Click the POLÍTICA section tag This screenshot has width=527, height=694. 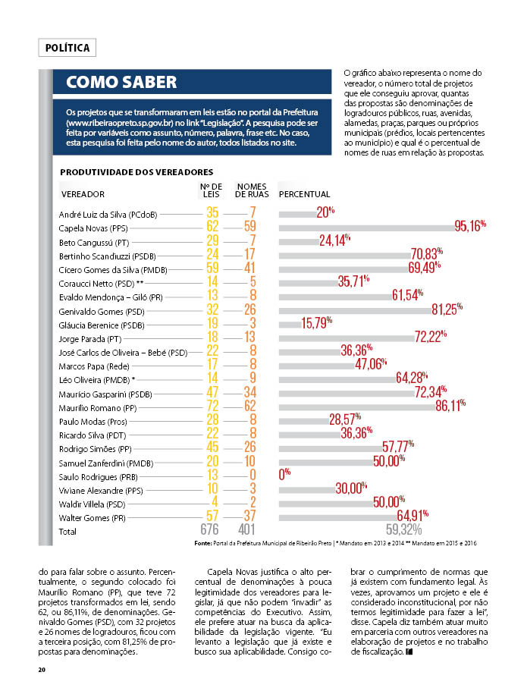point(67,48)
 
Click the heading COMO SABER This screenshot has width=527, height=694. point(121,82)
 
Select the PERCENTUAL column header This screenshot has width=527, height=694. point(304,194)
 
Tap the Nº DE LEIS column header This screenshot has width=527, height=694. point(211,190)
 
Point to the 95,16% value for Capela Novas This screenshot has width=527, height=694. point(470,226)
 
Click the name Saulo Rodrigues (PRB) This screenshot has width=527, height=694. point(99,477)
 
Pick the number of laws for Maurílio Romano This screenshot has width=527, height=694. point(213,406)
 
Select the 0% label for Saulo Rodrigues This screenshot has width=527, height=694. point(284,475)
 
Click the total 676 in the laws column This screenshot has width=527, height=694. point(210,529)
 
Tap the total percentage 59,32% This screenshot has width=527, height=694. point(404,529)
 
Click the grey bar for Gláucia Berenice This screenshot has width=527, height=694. point(290,325)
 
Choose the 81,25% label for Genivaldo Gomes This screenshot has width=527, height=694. point(447,309)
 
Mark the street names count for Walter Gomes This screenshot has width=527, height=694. point(250,516)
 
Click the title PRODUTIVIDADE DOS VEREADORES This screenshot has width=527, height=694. point(136,172)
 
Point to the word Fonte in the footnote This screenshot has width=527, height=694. point(202,543)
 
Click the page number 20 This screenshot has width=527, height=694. point(42,670)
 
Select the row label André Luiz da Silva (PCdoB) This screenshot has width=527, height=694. point(108,215)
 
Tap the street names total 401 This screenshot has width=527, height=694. point(246,529)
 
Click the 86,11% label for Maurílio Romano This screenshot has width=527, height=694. point(450,406)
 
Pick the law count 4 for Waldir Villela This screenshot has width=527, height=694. point(215,502)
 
